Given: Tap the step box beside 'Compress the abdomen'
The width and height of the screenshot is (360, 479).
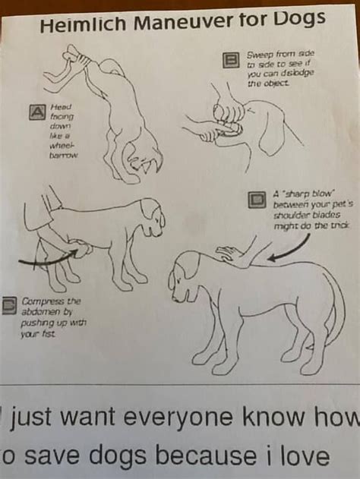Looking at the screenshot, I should point(9,305).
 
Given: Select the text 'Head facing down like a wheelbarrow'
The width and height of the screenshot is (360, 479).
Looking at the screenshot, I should point(62,131).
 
